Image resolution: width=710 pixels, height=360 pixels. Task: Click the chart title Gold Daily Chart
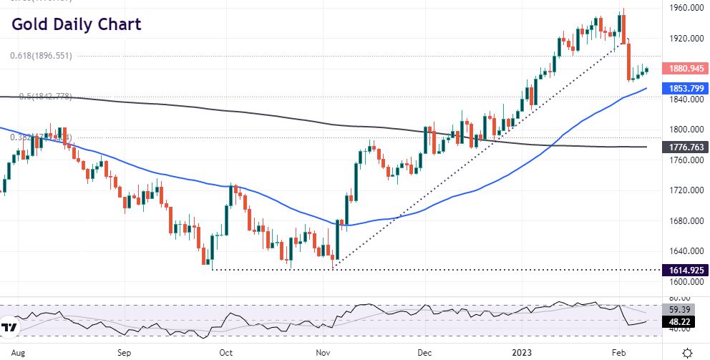[76, 24]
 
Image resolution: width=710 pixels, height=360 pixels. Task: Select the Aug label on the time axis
[20, 353]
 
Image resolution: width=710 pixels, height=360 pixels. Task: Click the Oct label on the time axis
[226, 353]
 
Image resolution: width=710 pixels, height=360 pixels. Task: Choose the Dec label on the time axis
[424, 353]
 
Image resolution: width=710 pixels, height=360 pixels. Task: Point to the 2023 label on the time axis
[525, 353]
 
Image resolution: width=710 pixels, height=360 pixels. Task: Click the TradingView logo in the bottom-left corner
[9, 329]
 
